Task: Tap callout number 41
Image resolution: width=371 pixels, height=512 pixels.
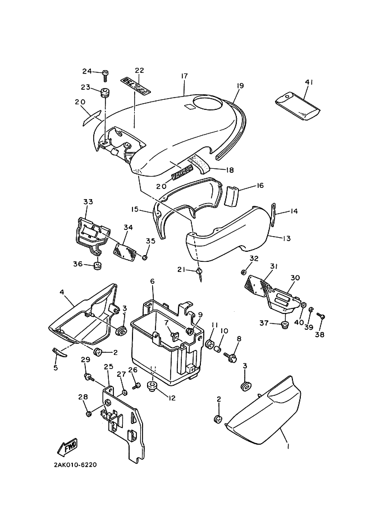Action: coord(308,82)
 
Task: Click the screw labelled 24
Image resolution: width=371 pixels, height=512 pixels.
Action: coord(105,72)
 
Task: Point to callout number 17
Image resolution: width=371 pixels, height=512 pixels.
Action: coord(184,76)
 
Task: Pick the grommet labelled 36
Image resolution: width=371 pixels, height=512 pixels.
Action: coord(96,264)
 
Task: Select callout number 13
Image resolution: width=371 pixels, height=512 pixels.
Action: coord(287,238)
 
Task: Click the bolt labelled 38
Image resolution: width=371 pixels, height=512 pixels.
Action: coord(322,317)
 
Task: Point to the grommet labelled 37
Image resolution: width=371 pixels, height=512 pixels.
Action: coord(283,323)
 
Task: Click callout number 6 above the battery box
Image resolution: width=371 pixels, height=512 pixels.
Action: coord(152,280)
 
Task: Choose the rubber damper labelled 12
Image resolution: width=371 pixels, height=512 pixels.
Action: coord(151,386)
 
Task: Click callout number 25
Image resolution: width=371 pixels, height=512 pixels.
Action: coord(107,367)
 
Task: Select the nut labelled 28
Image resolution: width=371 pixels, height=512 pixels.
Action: coord(89,413)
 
